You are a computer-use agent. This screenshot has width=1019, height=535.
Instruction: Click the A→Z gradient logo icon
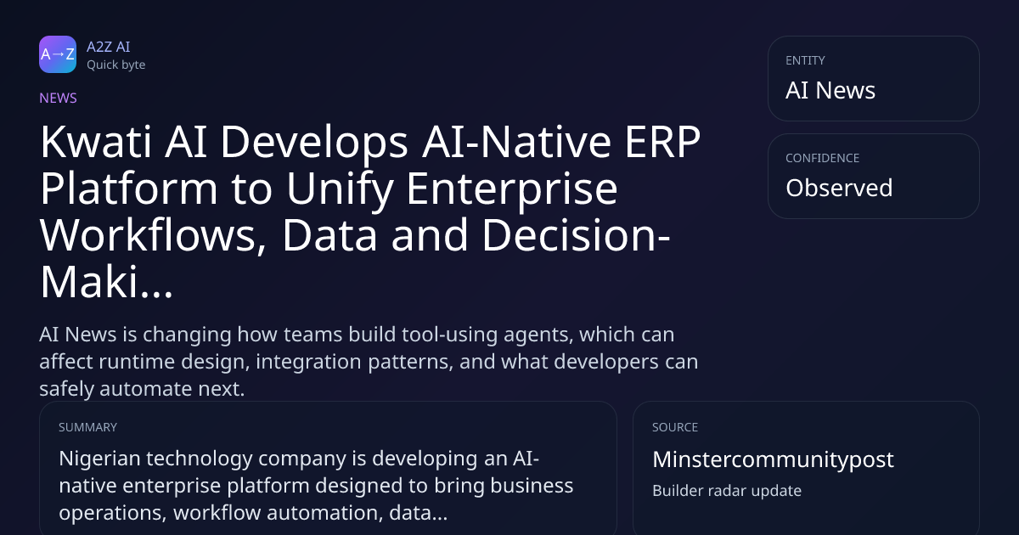click(x=58, y=54)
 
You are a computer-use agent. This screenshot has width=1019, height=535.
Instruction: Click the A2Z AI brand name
click(x=109, y=47)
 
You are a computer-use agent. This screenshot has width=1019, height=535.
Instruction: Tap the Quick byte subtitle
click(x=116, y=65)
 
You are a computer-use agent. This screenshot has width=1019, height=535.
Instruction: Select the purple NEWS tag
click(x=59, y=99)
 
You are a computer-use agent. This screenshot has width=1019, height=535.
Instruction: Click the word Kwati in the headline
click(x=95, y=143)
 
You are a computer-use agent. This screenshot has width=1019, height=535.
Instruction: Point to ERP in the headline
click(x=662, y=143)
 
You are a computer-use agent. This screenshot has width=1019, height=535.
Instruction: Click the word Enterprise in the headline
click(x=512, y=189)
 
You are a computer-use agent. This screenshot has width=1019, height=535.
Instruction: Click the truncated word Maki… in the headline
click(x=106, y=283)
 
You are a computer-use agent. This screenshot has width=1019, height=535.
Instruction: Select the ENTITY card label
click(x=805, y=60)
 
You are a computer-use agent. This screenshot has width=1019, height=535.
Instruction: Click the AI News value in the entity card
click(x=830, y=90)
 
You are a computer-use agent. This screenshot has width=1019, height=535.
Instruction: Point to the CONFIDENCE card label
click(x=823, y=158)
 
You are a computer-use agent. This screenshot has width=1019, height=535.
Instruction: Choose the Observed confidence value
click(x=839, y=188)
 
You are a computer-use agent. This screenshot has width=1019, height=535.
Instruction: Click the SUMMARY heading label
click(x=87, y=427)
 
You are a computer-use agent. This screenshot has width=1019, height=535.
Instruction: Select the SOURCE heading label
click(x=675, y=427)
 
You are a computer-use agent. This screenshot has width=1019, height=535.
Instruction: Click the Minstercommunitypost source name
click(x=773, y=459)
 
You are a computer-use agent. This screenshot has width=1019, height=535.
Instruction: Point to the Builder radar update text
click(x=727, y=491)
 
